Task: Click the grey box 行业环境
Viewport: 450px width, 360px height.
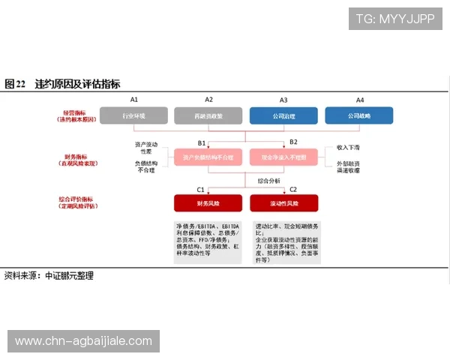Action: [x=133, y=115]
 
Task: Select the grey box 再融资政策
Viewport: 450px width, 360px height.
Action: [x=208, y=115]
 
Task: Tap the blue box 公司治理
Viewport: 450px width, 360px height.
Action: [x=283, y=115]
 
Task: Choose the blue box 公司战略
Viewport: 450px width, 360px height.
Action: [x=358, y=115]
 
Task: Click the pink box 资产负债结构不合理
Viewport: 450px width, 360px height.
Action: [x=208, y=158]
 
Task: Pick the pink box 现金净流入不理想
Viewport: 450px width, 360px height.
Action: [x=283, y=158]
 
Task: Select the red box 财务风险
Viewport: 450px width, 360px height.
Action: [x=208, y=203]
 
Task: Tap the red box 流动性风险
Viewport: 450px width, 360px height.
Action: [x=283, y=203]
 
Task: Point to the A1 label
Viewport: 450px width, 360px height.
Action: [x=134, y=99]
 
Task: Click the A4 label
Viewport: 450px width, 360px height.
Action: [x=360, y=99]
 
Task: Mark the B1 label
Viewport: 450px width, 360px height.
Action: [x=202, y=142]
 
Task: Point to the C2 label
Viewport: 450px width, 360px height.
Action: [x=293, y=190]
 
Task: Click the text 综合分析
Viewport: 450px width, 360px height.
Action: [x=268, y=181]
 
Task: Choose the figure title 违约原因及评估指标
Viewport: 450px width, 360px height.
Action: [x=76, y=83]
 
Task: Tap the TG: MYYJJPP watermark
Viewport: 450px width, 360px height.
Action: [x=395, y=19]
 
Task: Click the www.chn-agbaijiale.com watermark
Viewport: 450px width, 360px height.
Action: [x=83, y=341]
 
